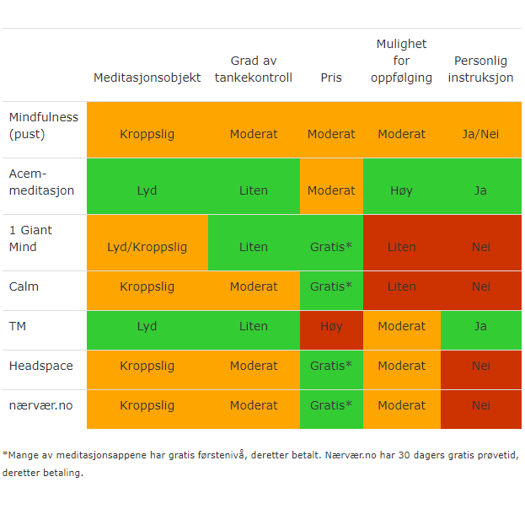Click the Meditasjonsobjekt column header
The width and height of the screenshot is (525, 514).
click(147, 78)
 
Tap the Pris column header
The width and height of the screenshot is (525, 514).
click(331, 78)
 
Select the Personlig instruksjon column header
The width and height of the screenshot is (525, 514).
click(480, 69)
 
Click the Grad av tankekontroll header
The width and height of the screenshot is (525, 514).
click(253, 69)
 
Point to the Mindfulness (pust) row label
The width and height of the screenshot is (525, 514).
click(44, 126)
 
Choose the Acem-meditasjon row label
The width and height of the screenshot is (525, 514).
click(41, 182)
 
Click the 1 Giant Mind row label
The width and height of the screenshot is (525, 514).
click(35, 238)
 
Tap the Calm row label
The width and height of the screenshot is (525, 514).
click(24, 286)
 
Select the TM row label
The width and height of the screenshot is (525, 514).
click(18, 326)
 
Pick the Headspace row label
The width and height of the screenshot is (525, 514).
click(41, 366)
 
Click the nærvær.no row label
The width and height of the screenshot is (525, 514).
click(41, 405)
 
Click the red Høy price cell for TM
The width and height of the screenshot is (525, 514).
click(331, 326)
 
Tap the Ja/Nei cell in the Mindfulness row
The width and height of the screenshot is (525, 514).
click(480, 134)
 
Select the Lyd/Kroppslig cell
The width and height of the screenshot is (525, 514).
click(147, 247)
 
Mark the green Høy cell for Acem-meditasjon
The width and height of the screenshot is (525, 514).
click(402, 190)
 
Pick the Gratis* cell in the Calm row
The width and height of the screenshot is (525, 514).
click(331, 286)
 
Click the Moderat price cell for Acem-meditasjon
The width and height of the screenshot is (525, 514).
click(331, 190)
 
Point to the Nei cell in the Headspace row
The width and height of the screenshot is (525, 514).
click(480, 366)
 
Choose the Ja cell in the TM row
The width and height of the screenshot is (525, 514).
click(480, 326)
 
